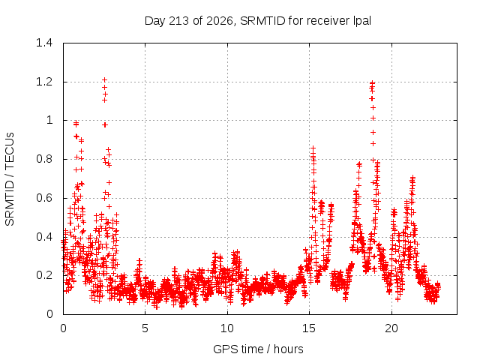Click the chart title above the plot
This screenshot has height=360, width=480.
[x=258, y=21]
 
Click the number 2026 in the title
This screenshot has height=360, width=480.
[x=220, y=21]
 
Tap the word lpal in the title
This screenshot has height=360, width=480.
[x=362, y=21]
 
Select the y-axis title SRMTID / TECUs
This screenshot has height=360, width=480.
[x=10, y=179]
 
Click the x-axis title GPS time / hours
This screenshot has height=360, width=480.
[x=258, y=349]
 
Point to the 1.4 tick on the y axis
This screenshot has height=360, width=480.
[x=44, y=43]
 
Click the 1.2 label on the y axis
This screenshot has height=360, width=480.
[x=44, y=82]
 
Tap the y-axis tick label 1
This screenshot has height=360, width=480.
[x=49, y=120]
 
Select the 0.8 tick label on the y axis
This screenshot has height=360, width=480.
[x=44, y=159]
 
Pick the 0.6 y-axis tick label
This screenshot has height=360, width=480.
[x=44, y=198]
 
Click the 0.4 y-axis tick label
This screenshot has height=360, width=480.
[x=44, y=237]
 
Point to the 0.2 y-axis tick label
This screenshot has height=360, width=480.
[x=44, y=275]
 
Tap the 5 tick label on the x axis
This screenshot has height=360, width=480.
[x=145, y=328]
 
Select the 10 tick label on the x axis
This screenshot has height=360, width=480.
[x=226, y=328]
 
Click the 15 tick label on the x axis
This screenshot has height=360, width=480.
[x=309, y=328]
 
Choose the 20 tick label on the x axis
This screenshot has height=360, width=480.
[x=391, y=328]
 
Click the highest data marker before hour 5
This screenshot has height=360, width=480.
[x=104, y=80]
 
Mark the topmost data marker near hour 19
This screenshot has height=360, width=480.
[x=372, y=82]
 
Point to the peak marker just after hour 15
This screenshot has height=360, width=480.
[x=313, y=148]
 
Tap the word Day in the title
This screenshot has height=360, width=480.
[x=154, y=22]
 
